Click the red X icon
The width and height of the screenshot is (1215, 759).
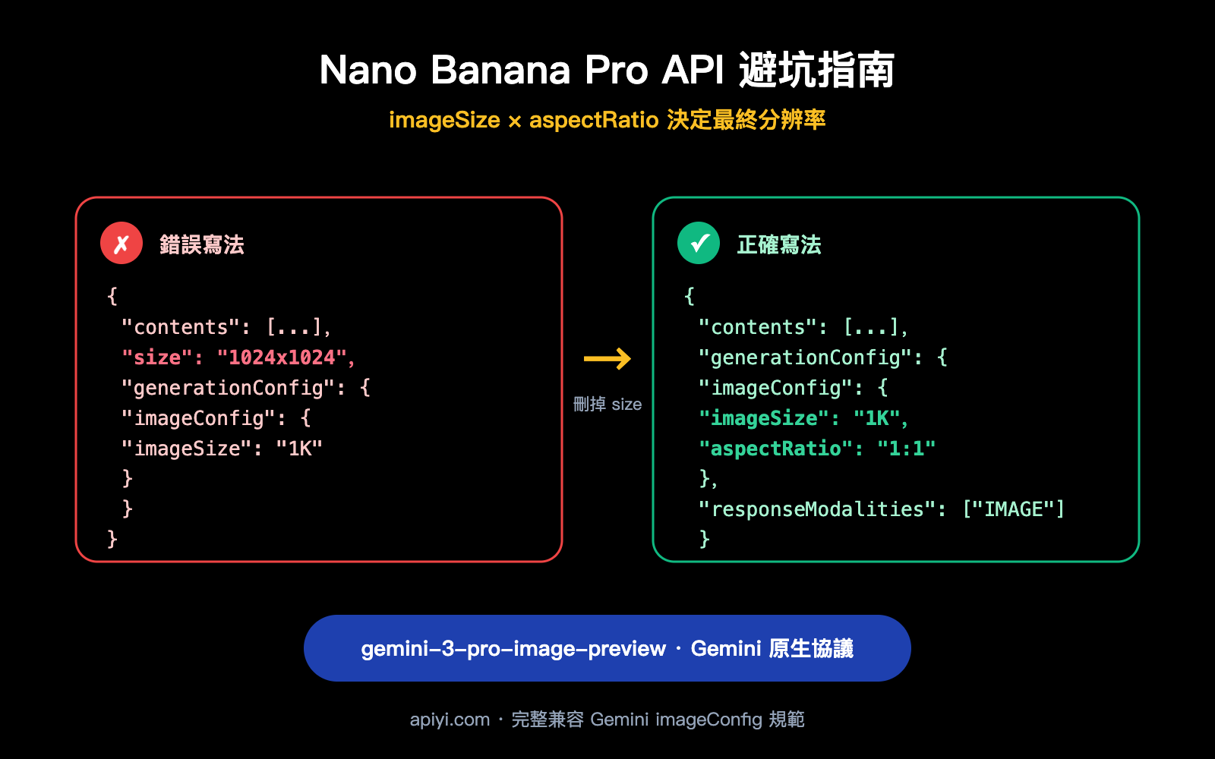121,244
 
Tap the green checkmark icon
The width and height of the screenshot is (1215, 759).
699,244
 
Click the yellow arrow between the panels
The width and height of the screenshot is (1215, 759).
607,358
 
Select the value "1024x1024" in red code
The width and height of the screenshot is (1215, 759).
282,357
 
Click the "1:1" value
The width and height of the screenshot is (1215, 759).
906,449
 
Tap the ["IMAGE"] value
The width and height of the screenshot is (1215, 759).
1014,509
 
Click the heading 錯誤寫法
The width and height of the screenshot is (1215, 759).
202,244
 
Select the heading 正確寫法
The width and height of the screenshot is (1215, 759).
779,244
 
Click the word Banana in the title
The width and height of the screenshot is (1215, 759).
500,71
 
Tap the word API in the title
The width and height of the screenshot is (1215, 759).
693,71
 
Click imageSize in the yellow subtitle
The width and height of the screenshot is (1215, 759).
444,120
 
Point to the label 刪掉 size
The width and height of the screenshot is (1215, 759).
607,404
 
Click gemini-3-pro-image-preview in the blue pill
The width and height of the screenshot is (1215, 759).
513,649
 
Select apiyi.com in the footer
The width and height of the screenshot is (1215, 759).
450,720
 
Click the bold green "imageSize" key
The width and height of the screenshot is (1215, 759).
764,418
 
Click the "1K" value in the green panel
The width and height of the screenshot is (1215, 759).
877,418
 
